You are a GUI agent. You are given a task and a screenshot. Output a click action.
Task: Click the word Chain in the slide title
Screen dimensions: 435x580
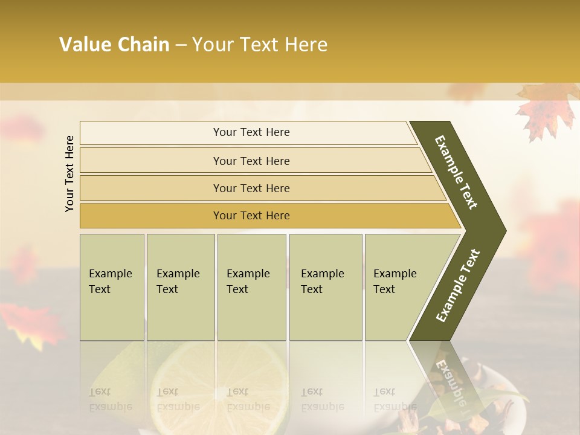tap(143, 45)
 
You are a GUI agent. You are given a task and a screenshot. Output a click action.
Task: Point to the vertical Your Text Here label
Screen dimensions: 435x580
tap(69, 173)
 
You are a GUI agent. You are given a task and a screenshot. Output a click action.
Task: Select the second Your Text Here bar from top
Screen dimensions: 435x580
tap(251, 161)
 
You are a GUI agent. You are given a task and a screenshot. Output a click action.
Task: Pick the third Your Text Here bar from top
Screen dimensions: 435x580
tap(251, 188)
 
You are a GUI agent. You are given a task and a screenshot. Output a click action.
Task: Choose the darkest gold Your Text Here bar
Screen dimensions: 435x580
tap(251, 216)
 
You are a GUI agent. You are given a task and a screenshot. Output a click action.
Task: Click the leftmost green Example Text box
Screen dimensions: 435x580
tap(112, 287)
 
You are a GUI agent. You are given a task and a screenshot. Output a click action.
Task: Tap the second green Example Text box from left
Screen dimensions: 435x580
tap(181, 287)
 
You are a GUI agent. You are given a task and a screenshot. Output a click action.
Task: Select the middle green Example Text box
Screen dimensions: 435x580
tap(251, 287)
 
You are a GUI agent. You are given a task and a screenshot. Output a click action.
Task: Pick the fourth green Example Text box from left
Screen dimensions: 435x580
tap(326, 287)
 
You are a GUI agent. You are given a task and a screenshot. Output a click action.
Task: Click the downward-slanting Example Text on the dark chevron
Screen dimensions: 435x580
tap(456, 172)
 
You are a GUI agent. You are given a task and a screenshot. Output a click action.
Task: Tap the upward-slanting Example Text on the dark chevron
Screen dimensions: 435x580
tap(458, 286)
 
